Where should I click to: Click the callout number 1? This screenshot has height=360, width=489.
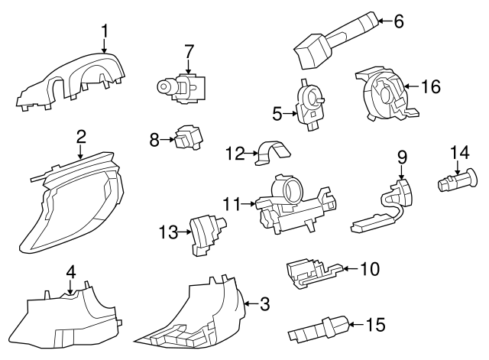105,31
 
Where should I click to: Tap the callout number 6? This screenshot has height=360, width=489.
398,21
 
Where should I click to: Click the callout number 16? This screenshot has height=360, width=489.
431,87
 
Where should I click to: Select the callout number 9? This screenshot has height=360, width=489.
402,157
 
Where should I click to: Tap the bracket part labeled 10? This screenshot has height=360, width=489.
313,271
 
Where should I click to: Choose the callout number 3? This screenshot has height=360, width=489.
265,305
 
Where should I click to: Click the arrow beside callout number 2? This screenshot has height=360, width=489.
80,153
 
